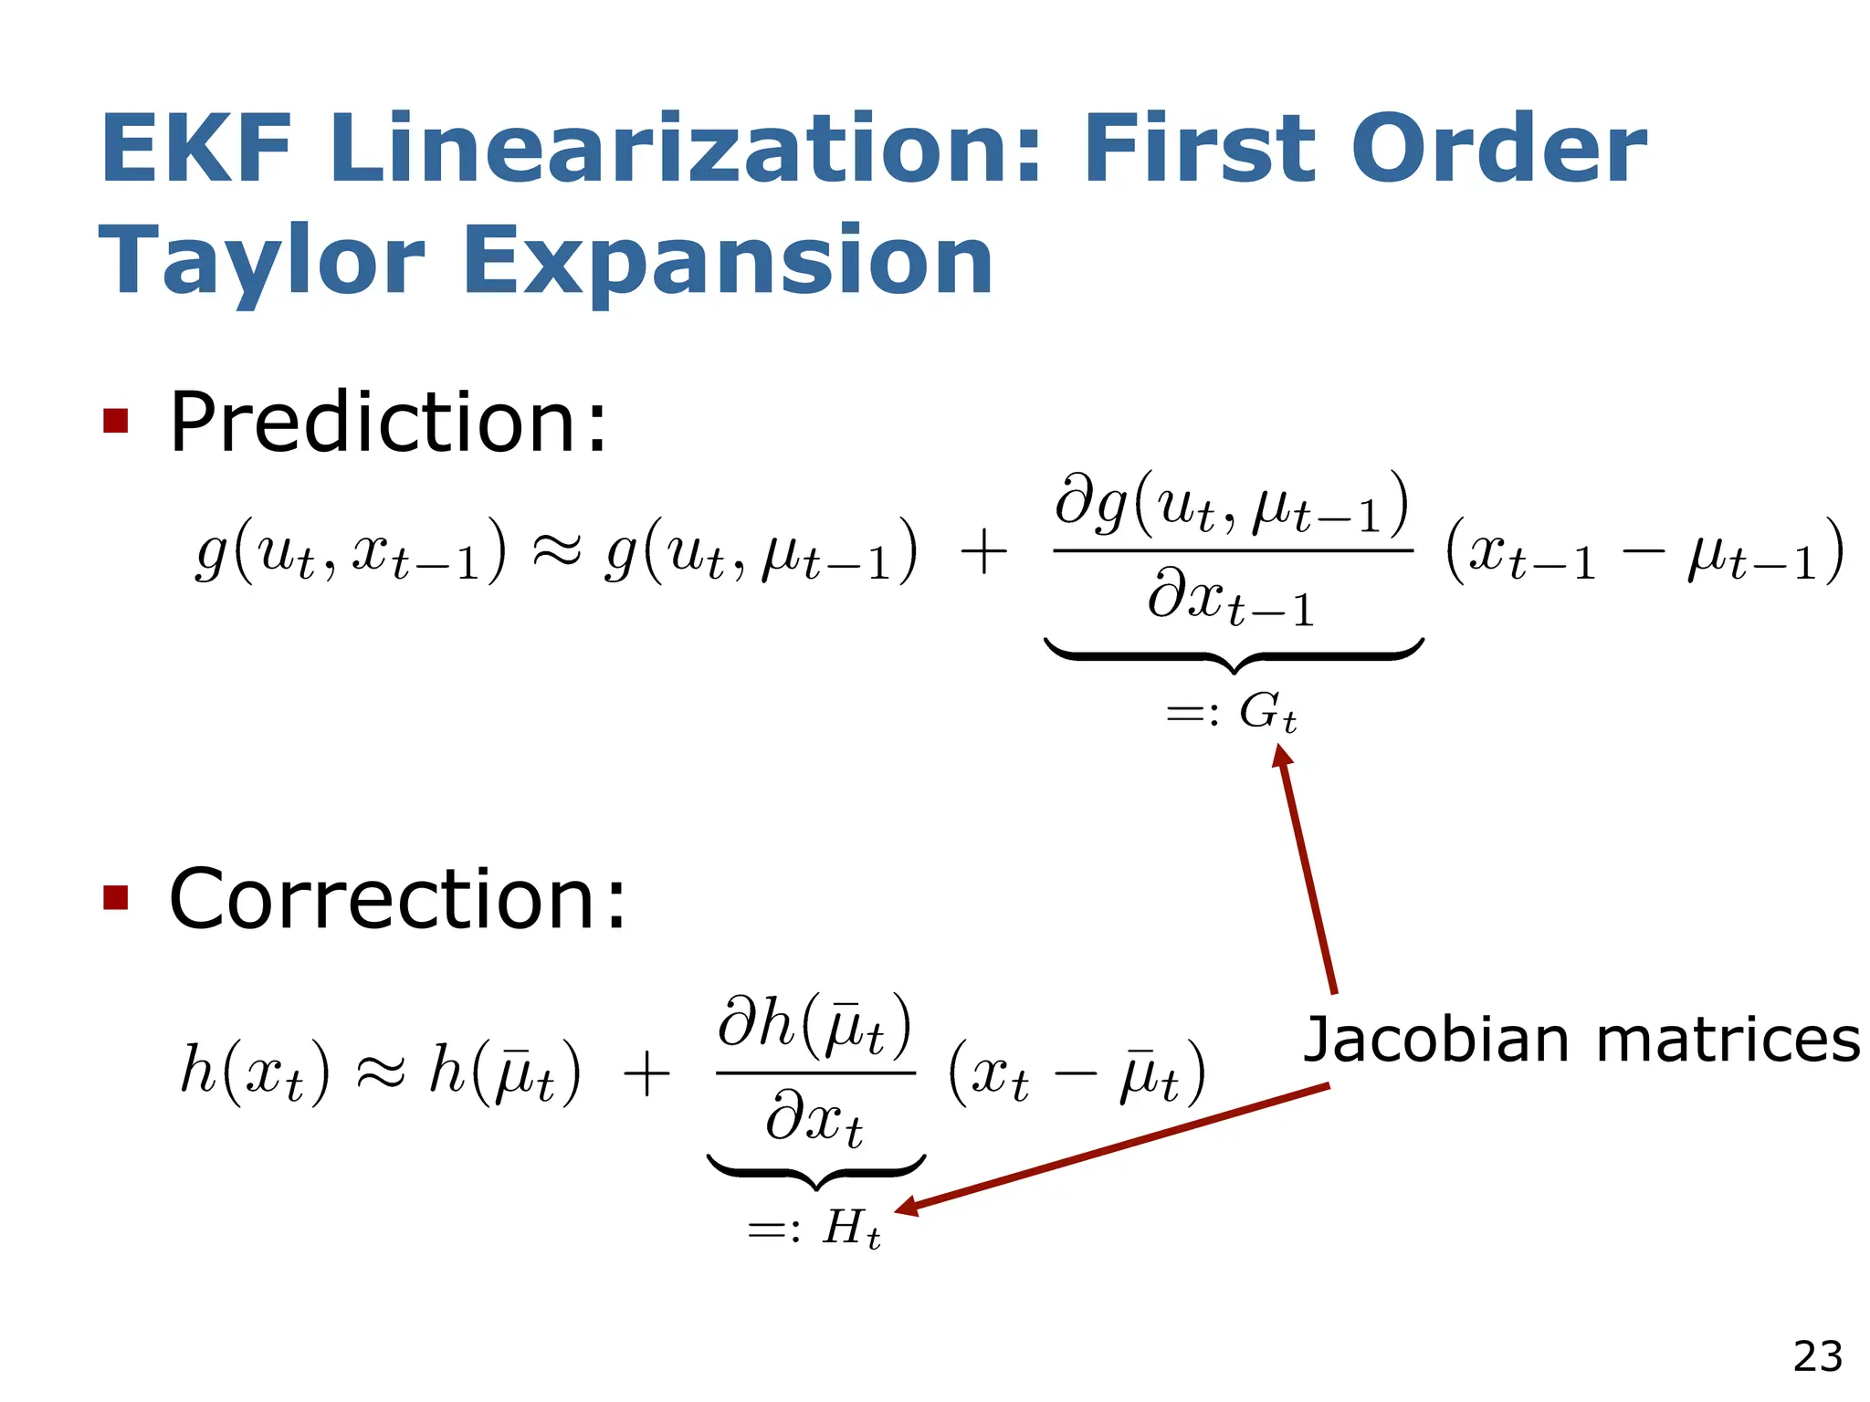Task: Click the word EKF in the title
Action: (195, 149)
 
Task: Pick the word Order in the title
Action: (1498, 149)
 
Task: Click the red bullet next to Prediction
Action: (116, 421)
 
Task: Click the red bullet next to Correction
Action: (116, 897)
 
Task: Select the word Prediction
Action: (388, 422)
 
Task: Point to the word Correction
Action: (398, 899)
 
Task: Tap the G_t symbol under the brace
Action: (1267, 712)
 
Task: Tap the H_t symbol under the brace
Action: (851, 1229)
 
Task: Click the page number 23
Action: (1817, 1356)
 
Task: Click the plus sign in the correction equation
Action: (646, 1073)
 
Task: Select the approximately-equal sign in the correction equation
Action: (379, 1072)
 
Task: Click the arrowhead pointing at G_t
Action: (1283, 757)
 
